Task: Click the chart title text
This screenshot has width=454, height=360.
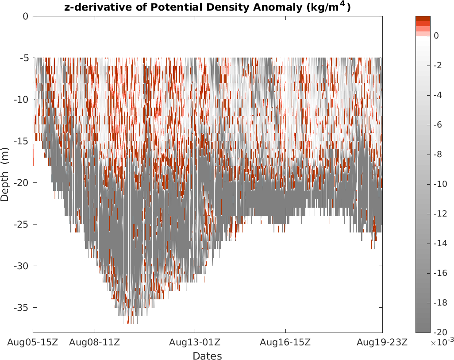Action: click(207, 8)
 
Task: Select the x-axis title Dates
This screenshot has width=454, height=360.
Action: click(207, 356)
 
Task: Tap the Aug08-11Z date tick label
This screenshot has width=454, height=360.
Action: click(95, 342)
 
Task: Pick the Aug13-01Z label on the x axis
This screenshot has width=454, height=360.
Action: click(195, 342)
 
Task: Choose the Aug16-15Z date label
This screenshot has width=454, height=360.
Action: click(285, 342)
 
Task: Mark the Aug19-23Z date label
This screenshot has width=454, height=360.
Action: click(382, 342)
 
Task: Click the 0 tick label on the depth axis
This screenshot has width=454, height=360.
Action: click(25, 16)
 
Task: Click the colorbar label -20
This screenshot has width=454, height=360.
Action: click(440, 332)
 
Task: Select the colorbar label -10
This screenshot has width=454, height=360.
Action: click(440, 184)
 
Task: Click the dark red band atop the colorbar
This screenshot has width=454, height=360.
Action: click(423, 19)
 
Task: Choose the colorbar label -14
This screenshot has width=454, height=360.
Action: click(440, 243)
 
